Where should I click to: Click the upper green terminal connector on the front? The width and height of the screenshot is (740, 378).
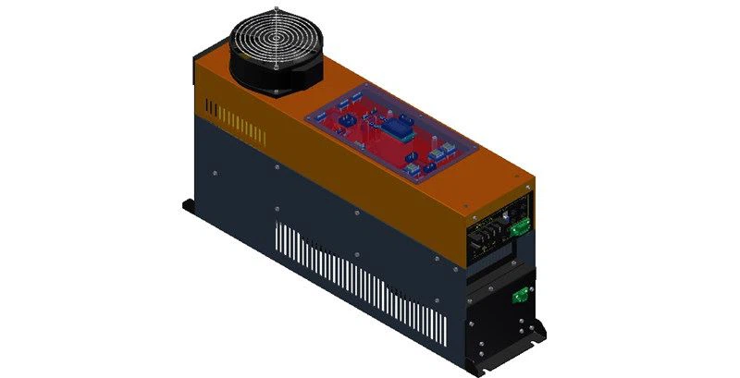(522, 225)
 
